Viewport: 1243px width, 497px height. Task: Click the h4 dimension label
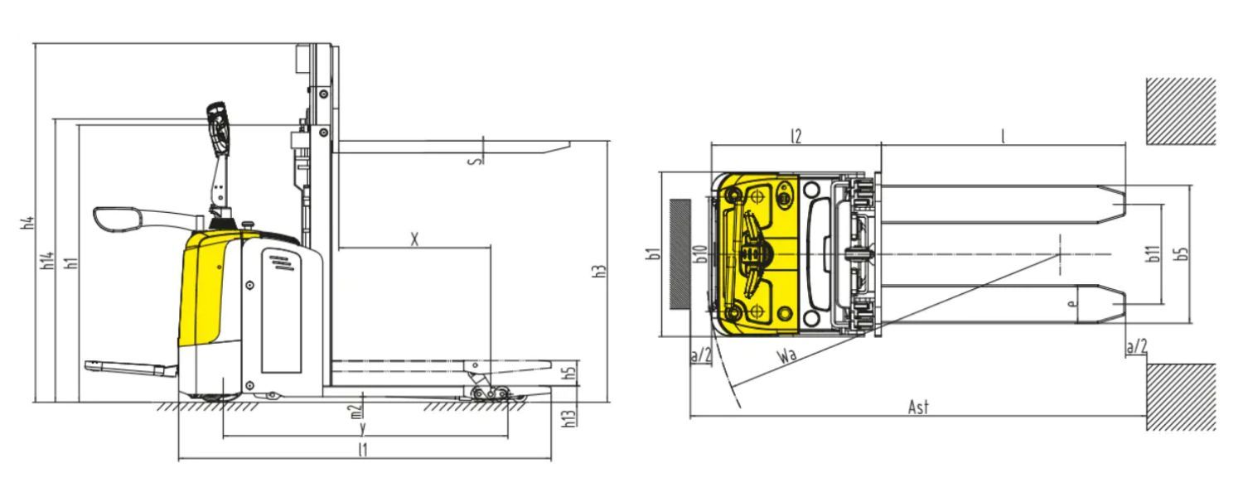28,223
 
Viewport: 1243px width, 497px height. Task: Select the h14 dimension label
48,260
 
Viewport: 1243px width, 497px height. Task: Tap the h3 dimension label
600,271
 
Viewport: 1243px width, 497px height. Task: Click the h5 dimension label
568,373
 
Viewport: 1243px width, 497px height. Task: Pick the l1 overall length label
362,449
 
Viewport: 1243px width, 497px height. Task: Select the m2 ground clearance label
355,411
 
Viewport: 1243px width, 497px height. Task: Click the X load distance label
414,239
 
